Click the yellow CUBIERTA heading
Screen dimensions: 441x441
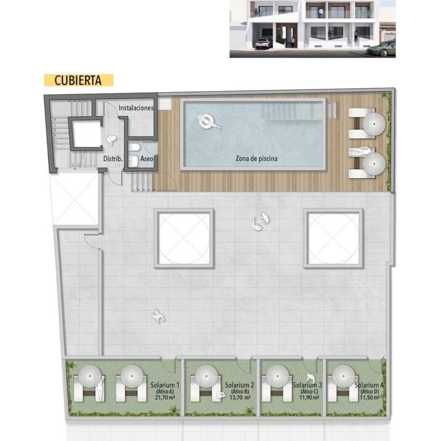pos(79,80)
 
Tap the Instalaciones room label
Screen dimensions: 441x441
pos(136,108)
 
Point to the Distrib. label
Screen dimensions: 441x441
pos(113,159)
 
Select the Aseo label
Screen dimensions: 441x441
pos(147,159)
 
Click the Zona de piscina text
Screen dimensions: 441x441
pos(257,159)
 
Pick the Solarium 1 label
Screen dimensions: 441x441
pos(165,385)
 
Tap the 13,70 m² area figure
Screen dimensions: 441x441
pos(240,397)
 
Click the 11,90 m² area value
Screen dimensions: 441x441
pos(309,397)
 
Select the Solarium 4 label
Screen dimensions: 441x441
pos(369,385)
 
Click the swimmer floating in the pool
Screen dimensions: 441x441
pos(208,122)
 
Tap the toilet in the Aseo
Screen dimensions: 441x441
pos(133,148)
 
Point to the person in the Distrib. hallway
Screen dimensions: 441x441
pos(111,140)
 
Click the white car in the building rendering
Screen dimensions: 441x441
pos(263,44)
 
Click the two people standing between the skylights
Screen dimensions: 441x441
pos(260,221)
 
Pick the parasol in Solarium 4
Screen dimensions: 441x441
pos(344,376)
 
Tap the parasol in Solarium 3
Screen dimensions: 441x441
pos(277,376)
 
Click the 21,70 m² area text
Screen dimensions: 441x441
pos(165,397)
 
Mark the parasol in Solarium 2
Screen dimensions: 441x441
pos(206,376)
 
